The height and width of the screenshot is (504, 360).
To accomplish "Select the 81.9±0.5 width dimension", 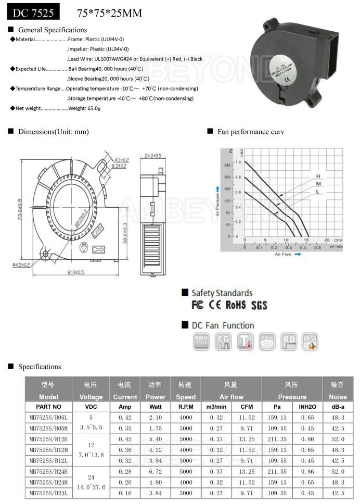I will (75, 272).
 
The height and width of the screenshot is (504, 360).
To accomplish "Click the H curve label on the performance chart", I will (317, 177).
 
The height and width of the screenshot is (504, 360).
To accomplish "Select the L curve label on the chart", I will (317, 192).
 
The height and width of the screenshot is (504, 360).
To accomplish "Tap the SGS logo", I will (259, 305).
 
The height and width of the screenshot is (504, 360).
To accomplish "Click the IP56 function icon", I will (310, 341).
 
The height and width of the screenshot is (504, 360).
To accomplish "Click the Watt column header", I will (155, 407).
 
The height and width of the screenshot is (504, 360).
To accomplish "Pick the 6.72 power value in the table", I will (155, 471).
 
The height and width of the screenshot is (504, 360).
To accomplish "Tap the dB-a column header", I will (337, 407).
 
